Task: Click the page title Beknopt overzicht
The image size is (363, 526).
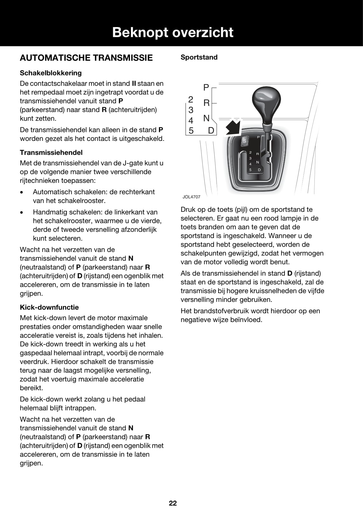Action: pyautogui.click(x=173, y=32)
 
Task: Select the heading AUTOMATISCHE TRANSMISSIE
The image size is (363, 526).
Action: pyautogui.click(x=86, y=58)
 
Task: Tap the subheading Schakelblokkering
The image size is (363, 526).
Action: pyautogui.click(x=51, y=73)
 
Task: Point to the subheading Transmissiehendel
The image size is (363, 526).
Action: pyautogui.click(x=51, y=152)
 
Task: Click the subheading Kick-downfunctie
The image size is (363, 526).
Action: pyautogui.click(x=49, y=307)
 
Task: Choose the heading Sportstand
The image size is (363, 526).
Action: pyautogui.click(x=199, y=57)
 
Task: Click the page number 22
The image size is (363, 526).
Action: pyautogui.click(x=173, y=503)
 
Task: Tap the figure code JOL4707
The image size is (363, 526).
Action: pyautogui.click(x=191, y=197)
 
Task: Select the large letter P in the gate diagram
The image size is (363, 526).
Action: pyautogui.click(x=206, y=87)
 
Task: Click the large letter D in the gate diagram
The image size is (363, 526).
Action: pyautogui.click(x=211, y=130)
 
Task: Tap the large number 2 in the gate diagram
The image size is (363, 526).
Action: pyautogui.click(x=191, y=99)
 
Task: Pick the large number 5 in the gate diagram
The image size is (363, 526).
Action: pyautogui.click(x=191, y=130)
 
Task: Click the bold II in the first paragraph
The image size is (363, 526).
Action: pyautogui.click(x=134, y=84)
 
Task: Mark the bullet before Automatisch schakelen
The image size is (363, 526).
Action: pyautogui.click(x=22, y=192)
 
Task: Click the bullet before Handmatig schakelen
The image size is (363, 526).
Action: pyautogui.click(x=22, y=212)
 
